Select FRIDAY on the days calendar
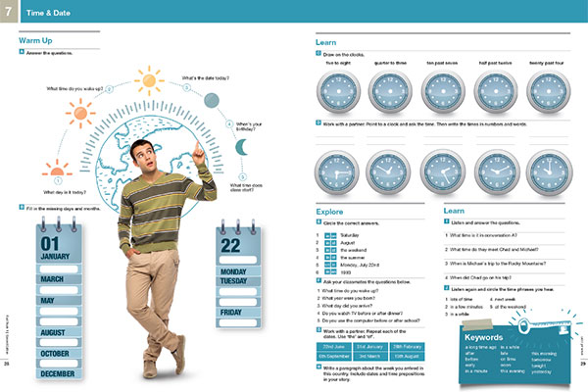[231, 313]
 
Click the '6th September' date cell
[337, 356]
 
